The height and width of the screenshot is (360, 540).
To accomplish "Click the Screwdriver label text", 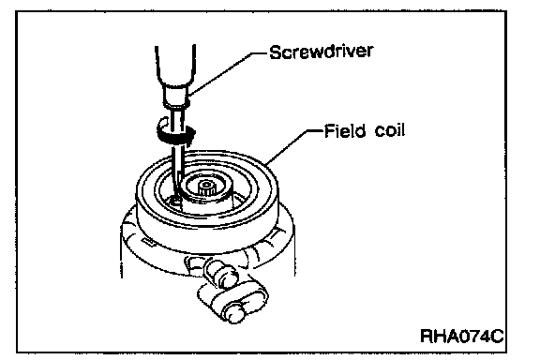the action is tap(321, 52).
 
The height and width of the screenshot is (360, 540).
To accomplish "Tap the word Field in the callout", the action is tap(345, 131).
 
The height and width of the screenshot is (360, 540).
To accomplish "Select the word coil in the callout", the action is tap(389, 131).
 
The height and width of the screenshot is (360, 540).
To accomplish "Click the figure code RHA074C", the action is tap(462, 336).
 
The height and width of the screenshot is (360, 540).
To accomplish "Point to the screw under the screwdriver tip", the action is tap(175, 200).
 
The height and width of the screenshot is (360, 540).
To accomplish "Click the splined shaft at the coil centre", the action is tap(207, 188).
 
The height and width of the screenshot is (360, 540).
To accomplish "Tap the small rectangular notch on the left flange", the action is tap(149, 242).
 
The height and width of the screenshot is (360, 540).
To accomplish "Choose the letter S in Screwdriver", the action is tap(275, 52).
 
